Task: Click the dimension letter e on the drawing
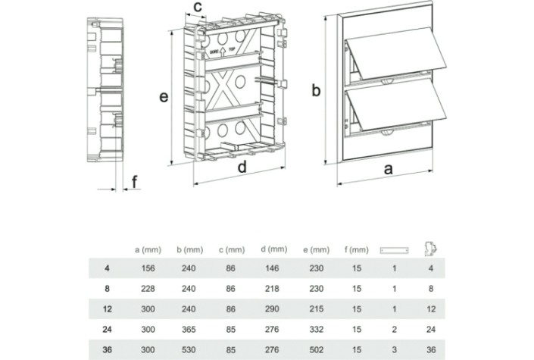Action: point(163,98)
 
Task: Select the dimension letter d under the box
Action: point(241,168)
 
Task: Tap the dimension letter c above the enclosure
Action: point(196,8)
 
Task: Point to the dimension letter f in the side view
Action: point(135,182)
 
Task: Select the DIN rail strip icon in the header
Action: point(394,249)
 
